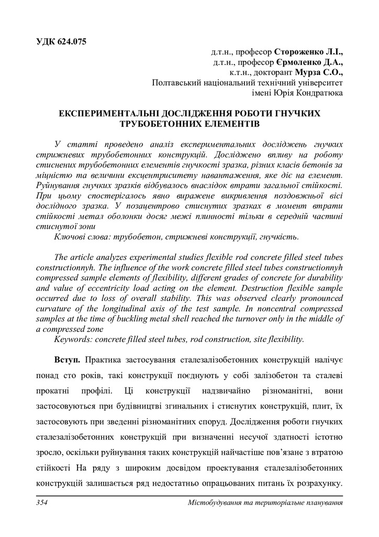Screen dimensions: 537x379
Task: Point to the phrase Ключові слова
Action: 81,237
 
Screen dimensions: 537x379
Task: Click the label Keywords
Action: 73,339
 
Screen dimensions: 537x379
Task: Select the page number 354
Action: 42,503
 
